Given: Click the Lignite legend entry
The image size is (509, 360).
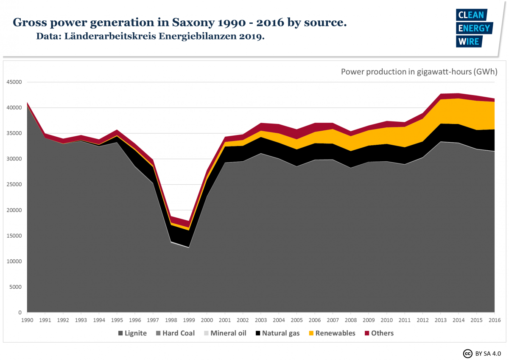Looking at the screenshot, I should pos(132,333).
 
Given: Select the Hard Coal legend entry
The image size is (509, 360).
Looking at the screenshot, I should pos(175,333).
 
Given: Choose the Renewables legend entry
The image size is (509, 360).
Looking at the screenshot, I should pos(332,333).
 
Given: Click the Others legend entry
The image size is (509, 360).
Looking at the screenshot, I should pos(379,333).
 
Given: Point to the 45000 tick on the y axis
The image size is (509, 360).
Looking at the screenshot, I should pos(14,82).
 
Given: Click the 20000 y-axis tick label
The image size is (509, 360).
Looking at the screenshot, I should pos(14,210).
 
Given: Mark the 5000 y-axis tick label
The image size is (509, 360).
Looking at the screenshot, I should pos(15,287).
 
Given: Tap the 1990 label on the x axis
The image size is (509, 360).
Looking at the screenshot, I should pos(27,320).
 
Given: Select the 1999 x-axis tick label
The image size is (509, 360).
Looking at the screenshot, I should pos(189,320).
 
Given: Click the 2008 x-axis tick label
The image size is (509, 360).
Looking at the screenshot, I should pos(351,320).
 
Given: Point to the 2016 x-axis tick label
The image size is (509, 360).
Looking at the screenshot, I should pos(495,320).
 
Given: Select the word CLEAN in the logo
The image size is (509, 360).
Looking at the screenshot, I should pos(471,15).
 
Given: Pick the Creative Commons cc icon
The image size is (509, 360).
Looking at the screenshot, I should pos(467,354).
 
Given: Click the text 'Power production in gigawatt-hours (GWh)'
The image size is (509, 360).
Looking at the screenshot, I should pos(419,71).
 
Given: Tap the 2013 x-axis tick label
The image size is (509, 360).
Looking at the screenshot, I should pos(441,320).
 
